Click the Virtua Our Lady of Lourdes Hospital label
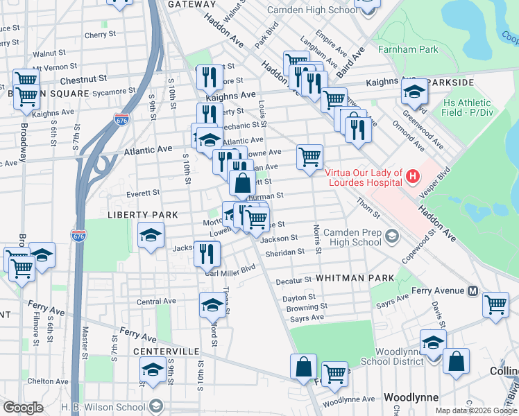click(x=364, y=177)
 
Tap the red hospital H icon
click(x=413, y=177)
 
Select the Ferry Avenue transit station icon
click(x=473, y=291)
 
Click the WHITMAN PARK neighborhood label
click(x=355, y=277)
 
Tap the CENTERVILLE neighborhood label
click(x=167, y=352)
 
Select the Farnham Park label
click(x=409, y=49)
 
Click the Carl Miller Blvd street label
click(x=231, y=270)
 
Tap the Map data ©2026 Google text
click(x=475, y=410)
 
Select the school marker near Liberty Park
click(x=151, y=235)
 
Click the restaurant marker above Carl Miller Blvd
click(x=206, y=254)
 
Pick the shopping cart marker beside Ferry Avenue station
click(x=496, y=304)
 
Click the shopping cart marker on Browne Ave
click(x=309, y=156)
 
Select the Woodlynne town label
click(x=409, y=397)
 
